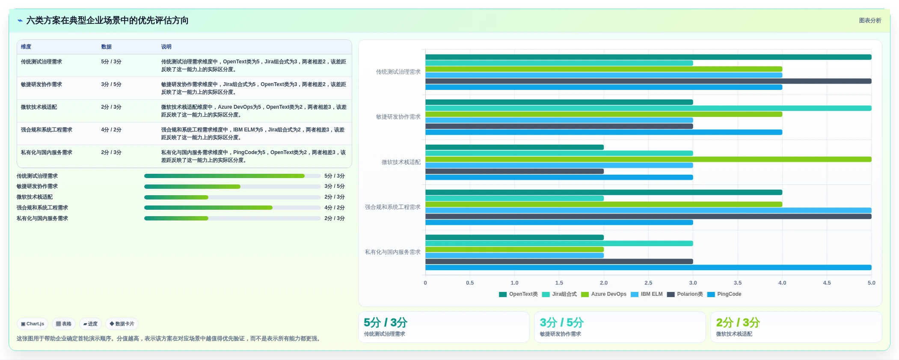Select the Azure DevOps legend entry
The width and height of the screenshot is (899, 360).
(604, 294)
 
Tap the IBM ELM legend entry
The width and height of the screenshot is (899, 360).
(647, 294)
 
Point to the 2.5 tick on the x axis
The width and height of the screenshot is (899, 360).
(648, 283)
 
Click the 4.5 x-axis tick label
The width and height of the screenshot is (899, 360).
(827, 283)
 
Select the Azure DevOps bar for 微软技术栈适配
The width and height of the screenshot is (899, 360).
(648, 159)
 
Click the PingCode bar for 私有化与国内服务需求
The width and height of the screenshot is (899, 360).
(648, 268)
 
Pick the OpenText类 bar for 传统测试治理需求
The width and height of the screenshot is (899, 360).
(648, 57)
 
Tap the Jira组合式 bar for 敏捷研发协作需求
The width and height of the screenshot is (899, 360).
(648, 108)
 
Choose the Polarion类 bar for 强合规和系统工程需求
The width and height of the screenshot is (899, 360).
(648, 217)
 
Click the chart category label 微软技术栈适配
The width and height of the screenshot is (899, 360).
(401, 162)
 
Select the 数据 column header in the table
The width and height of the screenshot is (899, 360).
(107, 47)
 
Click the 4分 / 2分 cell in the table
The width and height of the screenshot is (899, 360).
(111, 130)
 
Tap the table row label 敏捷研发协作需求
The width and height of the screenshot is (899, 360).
(42, 84)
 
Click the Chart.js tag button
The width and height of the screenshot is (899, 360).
(33, 324)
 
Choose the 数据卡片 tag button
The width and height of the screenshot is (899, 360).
(122, 324)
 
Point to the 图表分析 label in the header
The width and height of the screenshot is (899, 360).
(870, 21)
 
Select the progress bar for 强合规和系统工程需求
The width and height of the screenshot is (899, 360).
(232, 208)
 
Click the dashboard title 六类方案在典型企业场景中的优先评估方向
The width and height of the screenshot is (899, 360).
(107, 21)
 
